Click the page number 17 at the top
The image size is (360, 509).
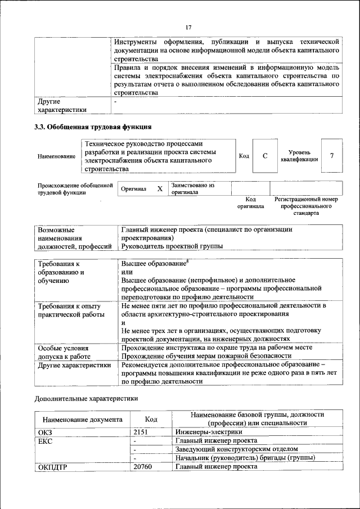pyautogui.click(x=188, y=27)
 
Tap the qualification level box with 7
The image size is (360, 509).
pyautogui.click(x=332, y=156)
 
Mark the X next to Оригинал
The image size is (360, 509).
pyautogui.click(x=160, y=189)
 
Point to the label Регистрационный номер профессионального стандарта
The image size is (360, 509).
pyautogui.click(x=306, y=206)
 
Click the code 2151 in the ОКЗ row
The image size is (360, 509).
pyautogui.click(x=143, y=432)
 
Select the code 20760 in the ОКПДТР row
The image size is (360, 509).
pyautogui.click(x=143, y=467)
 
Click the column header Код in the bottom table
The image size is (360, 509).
pyautogui.click(x=151, y=419)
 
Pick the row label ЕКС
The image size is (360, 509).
pyautogui.click(x=45, y=441)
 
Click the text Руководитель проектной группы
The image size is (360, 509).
pyautogui.click(x=172, y=246)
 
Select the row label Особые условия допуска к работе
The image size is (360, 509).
pyautogui.click(x=63, y=352)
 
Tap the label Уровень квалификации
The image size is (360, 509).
pyautogui.click(x=299, y=156)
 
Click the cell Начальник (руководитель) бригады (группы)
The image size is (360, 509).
pyautogui.click(x=245, y=458)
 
